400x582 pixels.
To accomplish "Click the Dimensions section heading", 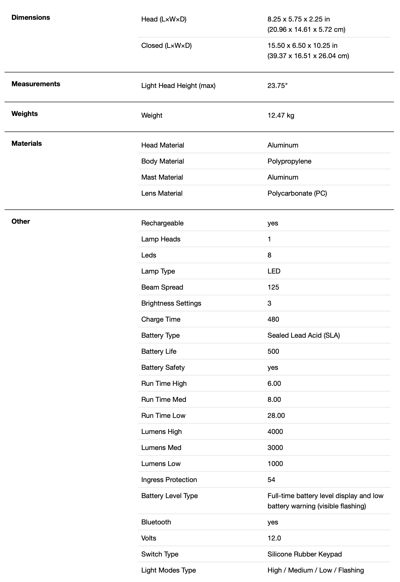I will click(31, 17).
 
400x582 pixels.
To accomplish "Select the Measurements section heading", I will click(36, 84).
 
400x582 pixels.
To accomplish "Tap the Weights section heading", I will click(25, 114).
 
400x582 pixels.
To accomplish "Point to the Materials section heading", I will click(27, 143).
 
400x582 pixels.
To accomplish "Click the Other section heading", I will click(21, 221).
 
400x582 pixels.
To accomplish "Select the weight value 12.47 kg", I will click(281, 115).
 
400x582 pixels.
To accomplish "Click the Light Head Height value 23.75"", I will click(277, 86).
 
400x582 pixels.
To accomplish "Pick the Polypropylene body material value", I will click(289, 161).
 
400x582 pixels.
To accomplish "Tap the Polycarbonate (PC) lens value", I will click(297, 193).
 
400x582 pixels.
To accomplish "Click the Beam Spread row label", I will click(162, 287).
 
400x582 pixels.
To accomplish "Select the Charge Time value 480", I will click(273, 319).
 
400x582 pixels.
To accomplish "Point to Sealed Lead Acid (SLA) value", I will click(304, 335).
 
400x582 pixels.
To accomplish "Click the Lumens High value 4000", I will click(275, 432).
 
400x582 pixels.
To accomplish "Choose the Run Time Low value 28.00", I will click(276, 416).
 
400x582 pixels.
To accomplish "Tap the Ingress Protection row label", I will click(169, 480).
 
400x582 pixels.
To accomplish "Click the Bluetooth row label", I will click(156, 522).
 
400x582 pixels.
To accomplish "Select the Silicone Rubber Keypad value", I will click(304, 554).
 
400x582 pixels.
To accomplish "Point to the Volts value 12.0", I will click(274, 538).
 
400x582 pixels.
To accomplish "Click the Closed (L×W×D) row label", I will click(166, 46).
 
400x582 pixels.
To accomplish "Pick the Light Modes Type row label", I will click(168, 570).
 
